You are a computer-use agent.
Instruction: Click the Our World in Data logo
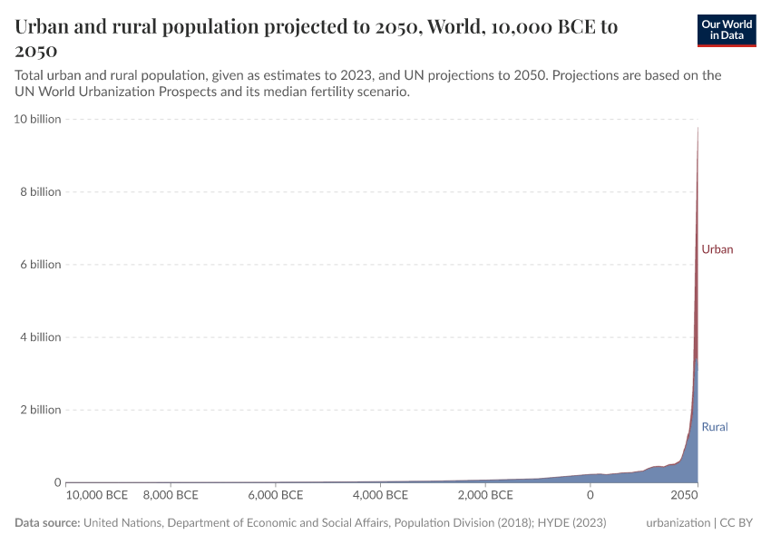click(x=726, y=30)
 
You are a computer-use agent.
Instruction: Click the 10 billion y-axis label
click(x=37, y=120)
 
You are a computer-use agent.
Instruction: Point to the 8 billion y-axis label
click(x=40, y=192)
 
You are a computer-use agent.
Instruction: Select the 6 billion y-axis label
click(x=40, y=265)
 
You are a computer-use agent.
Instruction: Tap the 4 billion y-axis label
click(x=40, y=337)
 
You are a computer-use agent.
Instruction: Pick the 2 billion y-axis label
click(x=40, y=410)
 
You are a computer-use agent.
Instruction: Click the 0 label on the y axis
click(x=56, y=482)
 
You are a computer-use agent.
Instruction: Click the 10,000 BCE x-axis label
click(x=97, y=496)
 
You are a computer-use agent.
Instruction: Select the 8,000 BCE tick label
click(x=171, y=496)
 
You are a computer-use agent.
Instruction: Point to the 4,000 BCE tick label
click(x=381, y=496)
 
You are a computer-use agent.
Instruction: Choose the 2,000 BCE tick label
click(x=485, y=496)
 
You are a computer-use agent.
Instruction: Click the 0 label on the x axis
click(x=590, y=496)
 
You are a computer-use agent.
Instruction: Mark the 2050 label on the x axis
click(x=684, y=496)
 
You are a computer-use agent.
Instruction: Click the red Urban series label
click(x=717, y=249)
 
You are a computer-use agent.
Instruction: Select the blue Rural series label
click(x=715, y=426)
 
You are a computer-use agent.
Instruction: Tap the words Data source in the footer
click(x=48, y=523)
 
